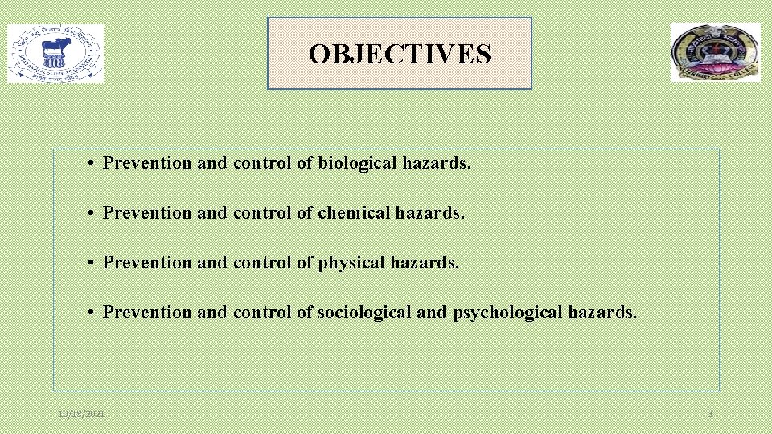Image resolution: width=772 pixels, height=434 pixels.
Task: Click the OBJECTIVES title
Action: tap(400, 54)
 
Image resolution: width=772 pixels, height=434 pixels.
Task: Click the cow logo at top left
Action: tap(55, 53)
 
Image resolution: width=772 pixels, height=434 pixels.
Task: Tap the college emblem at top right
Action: tap(715, 52)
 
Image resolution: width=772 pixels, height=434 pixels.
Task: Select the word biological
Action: tap(351, 163)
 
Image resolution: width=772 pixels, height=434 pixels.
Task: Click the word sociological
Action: tap(364, 313)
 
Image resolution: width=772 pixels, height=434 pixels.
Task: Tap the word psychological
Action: tap(508, 313)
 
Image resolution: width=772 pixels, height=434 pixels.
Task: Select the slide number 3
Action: tap(710, 414)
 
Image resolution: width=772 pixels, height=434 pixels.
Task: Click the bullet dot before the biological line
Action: tap(93, 164)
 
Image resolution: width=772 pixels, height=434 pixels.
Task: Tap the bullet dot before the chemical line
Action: tap(93, 214)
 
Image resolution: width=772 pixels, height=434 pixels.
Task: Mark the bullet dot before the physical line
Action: tap(93, 264)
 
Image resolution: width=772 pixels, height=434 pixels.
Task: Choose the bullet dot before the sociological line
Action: tap(93, 313)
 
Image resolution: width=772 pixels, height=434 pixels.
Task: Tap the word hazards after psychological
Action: tap(602, 313)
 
